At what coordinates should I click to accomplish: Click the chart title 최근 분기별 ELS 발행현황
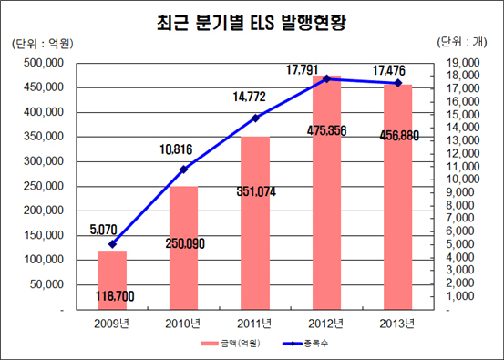click(251, 23)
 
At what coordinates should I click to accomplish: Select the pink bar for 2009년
click(112, 280)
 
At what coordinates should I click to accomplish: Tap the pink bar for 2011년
click(255, 223)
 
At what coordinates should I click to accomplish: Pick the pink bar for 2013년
click(398, 197)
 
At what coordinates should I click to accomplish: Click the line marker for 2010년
click(183, 170)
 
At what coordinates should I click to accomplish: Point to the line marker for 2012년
click(326, 78)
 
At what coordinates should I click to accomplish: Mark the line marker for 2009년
click(112, 244)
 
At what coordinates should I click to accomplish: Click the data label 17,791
click(303, 70)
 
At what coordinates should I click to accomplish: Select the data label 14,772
click(250, 97)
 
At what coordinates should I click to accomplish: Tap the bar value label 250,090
click(185, 243)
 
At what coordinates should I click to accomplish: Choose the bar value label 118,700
click(115, 296)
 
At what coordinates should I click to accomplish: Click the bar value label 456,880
click(399, 136)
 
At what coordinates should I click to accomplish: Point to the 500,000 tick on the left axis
click(44, 63)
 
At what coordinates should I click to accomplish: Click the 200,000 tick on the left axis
click(44, 211)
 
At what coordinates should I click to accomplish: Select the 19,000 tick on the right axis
click(463, 63)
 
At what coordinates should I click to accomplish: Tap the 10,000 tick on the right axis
click(463, 179)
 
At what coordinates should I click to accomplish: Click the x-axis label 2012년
click(326, 324)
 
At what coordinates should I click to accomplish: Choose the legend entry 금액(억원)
click(231, 344)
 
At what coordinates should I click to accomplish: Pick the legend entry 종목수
click(305, 344)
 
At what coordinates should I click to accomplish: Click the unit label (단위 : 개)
click(462, 42)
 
